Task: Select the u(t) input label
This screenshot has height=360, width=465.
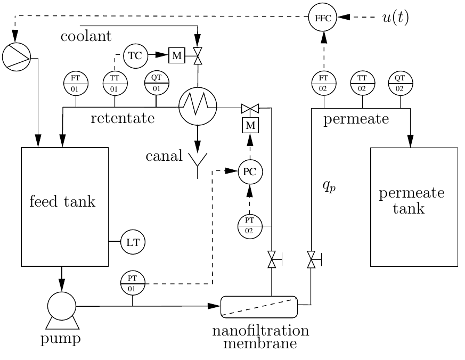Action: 396,17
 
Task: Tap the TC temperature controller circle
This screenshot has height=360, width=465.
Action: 135,55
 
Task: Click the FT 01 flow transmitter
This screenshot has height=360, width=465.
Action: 76,83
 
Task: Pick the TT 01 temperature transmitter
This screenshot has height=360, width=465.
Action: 115,83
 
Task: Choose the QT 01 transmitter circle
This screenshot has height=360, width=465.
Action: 157,83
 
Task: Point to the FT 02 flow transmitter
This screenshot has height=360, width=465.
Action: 323,83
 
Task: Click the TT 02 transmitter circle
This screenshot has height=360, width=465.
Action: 363,83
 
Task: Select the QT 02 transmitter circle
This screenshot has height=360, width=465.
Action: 401,83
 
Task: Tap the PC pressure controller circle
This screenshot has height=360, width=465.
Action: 250,171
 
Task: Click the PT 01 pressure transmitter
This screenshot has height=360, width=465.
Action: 133,282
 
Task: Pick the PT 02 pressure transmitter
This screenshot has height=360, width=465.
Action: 250,226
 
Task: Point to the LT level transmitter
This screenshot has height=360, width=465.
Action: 133,242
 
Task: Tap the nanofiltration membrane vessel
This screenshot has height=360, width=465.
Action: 259,306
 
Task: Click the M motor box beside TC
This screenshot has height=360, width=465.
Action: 176,55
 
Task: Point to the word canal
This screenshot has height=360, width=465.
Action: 164,157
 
